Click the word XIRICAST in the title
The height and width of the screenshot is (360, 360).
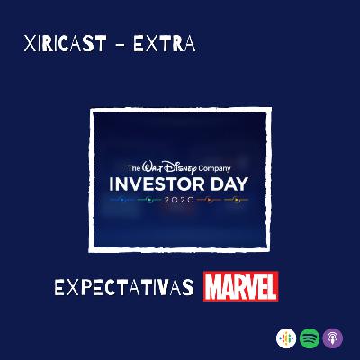[65, 43]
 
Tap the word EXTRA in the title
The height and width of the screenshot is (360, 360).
[165, 43]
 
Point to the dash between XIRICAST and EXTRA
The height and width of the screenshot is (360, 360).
[120, 44]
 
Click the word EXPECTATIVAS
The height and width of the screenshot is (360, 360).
[124, 287]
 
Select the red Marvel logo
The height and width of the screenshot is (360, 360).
[241, 286]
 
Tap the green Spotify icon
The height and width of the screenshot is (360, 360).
[310, 338]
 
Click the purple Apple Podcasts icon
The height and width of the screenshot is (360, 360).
[333, 338]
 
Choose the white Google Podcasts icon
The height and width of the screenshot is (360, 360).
[286, 338]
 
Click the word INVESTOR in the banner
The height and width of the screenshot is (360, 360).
[157, 184]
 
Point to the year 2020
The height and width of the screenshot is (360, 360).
[179, 200]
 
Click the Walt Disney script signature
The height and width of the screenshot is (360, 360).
[169, 167]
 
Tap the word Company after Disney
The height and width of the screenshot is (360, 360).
[214, 168]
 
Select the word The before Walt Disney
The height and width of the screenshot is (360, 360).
[134, 168]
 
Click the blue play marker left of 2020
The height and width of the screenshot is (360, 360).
[122, 200]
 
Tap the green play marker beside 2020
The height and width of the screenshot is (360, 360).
[148, 200]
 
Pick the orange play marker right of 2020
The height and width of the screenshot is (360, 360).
[210, 200]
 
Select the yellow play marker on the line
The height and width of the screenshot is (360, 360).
[236, 200]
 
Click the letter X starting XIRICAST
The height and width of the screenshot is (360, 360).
[30, 44]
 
